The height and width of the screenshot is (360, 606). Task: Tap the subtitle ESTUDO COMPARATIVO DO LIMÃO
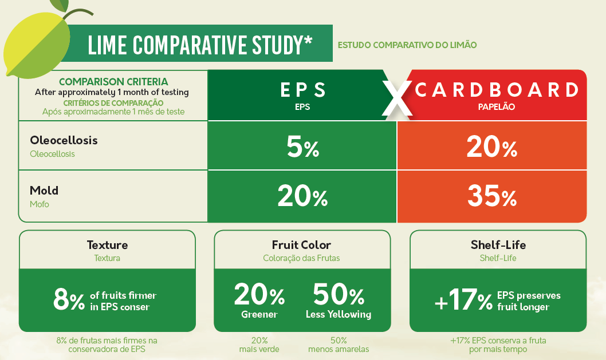coord(407,45)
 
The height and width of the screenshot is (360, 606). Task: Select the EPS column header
coord(303,90)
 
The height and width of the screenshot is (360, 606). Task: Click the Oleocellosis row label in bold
coord(64,140)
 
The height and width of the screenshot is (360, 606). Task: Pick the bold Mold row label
coord(44,190)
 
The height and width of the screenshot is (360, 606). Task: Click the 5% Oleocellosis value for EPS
coord(302,148)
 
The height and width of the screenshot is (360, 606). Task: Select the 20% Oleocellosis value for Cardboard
coord(491,148)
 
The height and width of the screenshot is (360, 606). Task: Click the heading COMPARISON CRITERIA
coord(113,82)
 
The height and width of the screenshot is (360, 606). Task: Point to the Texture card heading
coord(107,245)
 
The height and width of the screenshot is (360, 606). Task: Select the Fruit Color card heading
coord(301,245)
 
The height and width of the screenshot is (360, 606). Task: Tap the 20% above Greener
coord(259,295)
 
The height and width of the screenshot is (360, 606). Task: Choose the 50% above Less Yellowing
coord(339,295)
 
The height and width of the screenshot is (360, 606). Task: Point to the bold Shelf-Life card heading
coord(498,245)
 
